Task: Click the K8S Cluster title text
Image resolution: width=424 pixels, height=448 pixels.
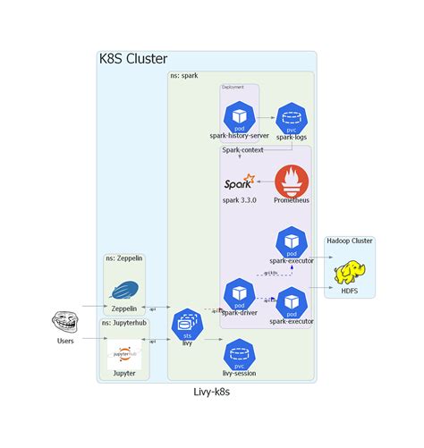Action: coord(132,60)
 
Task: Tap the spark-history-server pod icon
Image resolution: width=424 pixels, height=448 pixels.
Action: coord(240,116)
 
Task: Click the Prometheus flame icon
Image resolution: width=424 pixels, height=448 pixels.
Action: coord(292,181)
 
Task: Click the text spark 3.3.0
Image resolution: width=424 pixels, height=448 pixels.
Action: coord(239,200)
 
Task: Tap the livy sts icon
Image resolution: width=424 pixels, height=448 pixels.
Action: coord(188,324)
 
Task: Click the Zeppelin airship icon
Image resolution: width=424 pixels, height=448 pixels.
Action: coord(123,290)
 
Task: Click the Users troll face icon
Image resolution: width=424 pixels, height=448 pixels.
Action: coord(65,322)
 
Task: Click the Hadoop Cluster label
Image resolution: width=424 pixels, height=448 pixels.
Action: coord(350,241)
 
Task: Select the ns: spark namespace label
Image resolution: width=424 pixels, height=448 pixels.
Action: coord(184,77)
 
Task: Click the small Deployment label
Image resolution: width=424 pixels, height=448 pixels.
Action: coord(233,88)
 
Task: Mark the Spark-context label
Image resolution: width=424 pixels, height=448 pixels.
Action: coord(242,150)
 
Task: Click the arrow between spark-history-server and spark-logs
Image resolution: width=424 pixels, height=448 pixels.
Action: coord(266,116)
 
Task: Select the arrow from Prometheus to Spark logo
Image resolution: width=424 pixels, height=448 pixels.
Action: coord(266,182)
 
